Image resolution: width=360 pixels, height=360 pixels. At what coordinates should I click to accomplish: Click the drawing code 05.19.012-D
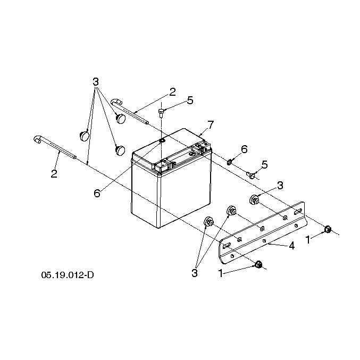68,275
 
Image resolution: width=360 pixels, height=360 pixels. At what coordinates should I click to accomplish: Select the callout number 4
291,246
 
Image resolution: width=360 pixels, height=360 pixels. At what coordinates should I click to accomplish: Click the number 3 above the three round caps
96,82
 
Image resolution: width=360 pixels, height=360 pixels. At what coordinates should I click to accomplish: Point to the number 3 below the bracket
195,273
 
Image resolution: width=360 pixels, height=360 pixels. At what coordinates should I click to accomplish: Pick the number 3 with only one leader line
280,186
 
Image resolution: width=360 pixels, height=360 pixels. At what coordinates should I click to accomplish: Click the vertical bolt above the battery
161,113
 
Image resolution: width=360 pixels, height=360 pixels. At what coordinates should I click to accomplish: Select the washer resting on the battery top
162,140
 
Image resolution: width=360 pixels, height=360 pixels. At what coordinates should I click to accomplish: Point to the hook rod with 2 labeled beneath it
55,147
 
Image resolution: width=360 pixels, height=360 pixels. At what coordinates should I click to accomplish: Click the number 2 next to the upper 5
172,92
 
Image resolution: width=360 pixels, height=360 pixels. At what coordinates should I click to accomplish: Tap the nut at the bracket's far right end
328,229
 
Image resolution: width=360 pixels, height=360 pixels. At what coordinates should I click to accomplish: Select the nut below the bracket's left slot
258,264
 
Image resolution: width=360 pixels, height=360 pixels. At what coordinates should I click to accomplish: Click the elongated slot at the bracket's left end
226,246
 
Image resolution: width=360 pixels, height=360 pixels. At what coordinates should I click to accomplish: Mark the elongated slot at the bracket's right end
298,212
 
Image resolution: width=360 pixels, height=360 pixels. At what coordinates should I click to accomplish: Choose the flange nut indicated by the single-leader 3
254,199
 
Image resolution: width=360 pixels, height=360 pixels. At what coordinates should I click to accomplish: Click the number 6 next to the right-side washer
244,149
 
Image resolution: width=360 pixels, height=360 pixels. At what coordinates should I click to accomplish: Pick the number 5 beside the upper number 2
190,101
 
